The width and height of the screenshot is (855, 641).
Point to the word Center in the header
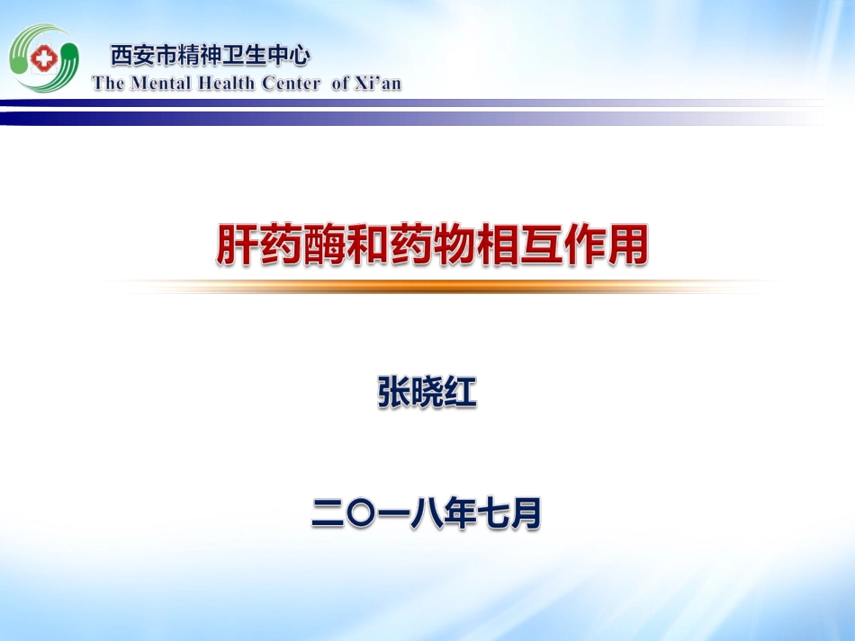click(291, 84)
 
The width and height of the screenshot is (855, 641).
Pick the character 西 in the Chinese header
click(121, 56)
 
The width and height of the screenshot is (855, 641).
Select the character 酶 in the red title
click(323, 245)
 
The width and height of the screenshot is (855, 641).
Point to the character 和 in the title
click(366, 245)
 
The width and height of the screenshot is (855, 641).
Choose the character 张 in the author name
click(394, 393)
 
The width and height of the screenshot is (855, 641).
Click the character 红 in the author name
click(460, 393)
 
